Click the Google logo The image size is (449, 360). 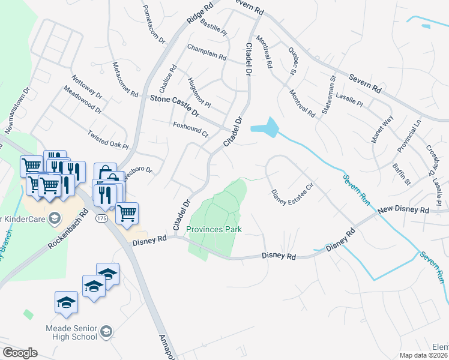click(x=20, y=353)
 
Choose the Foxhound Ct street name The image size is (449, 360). click(x=190, y=130)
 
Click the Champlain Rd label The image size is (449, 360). click(x=206, y=53)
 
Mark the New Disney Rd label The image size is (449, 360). click(x=403, y=211)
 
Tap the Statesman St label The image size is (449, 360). click(x=328, y=94)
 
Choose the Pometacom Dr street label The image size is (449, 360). click(x=153, y=25)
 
